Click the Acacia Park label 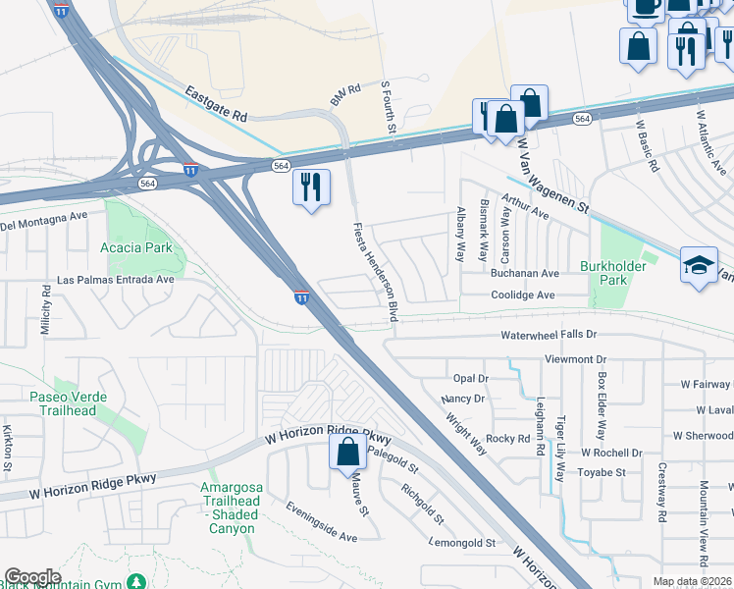click(136, 247)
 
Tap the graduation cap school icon click(699, 265)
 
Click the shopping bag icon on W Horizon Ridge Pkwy click(348, 453)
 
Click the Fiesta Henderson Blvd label click(376, 272)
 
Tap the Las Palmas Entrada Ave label click(116, 280)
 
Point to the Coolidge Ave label click(522, 295)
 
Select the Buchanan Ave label click(524, 274)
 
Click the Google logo click(32, 577)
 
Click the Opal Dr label click(470, 378)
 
